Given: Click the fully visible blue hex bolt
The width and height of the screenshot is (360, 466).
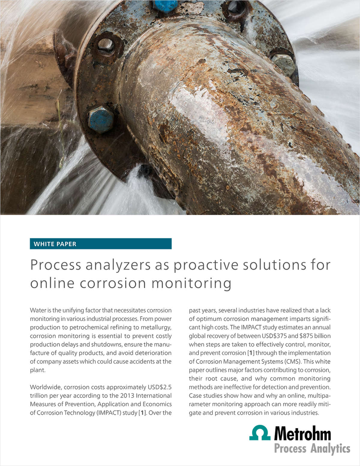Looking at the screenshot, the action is tap(101, 120).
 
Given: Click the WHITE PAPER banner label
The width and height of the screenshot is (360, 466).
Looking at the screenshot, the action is tap(55, 244).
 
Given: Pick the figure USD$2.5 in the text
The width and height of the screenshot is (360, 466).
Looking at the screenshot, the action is tap(160, 387).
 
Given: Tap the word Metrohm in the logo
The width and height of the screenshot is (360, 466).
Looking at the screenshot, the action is tap(302, 434).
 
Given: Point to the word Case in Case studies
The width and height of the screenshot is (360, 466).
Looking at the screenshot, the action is tap(196, 396).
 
